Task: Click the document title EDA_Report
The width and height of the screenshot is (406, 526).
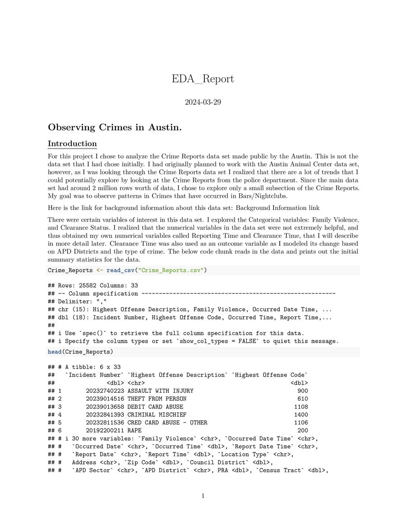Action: click(x=203, y=79)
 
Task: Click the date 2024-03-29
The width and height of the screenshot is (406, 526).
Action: click(x=203, y=102)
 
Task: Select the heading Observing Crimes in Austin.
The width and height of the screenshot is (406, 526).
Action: click(x=115, y=127)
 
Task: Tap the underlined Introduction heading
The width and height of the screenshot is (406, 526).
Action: click(x=72, y=144)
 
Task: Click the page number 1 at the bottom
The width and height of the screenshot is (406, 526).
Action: click(x=203, y=496)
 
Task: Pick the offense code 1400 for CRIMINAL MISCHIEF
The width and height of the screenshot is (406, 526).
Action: click(x=301, y=414)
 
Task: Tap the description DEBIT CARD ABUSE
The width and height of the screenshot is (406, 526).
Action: click(x=155, y=407)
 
